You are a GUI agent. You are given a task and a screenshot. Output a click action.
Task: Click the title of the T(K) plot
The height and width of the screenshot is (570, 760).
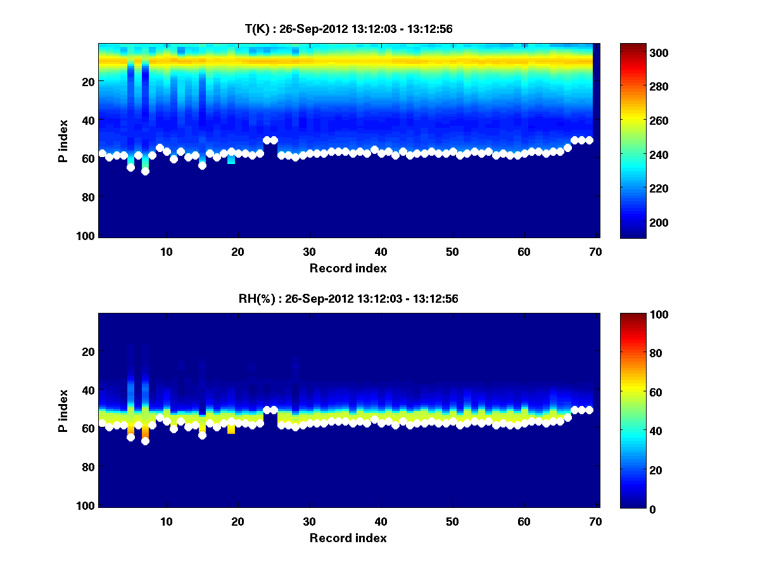[x=348, y=29]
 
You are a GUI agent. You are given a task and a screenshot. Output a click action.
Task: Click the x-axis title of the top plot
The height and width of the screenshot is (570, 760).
[x=348, y=268]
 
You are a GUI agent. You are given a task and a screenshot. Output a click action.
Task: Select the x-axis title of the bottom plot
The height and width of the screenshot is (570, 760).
[x=348, y=538]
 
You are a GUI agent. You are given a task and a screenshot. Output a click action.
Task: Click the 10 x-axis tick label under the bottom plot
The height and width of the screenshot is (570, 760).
[x=166, y=521]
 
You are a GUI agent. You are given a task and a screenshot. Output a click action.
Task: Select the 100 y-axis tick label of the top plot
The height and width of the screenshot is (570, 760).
[x=87, y=236]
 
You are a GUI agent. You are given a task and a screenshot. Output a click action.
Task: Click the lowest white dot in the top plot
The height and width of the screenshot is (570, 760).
[x=145, y=171]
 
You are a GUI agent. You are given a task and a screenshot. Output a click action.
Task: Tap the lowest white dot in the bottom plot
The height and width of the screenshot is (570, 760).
[x=145, y=441]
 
